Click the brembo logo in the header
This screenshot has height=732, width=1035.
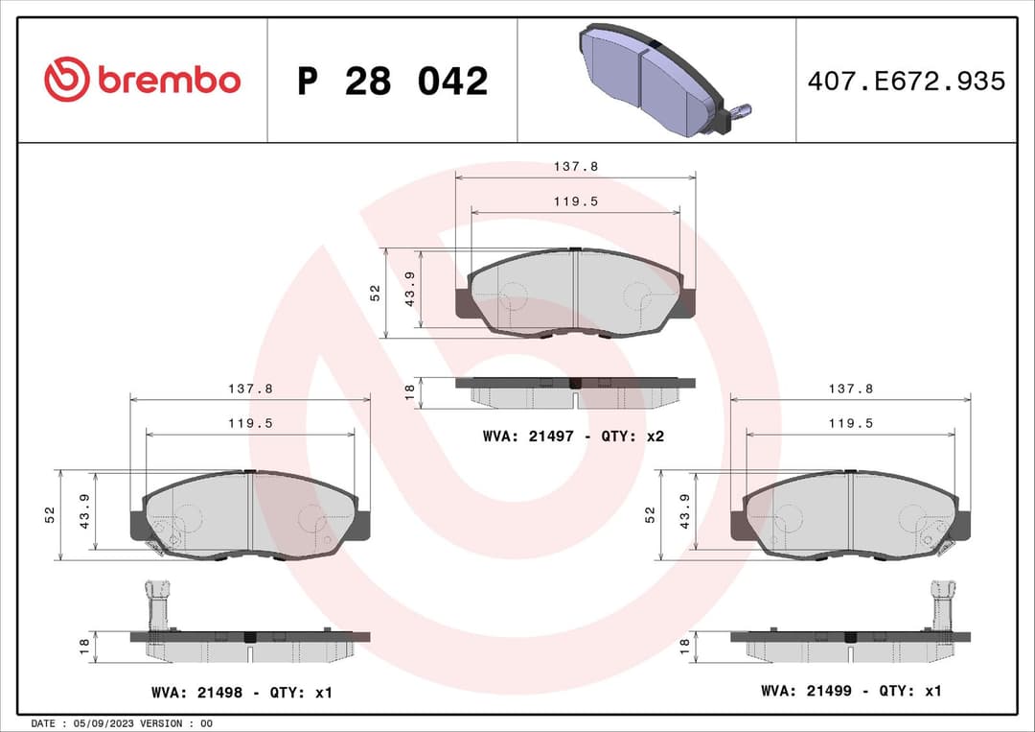142,81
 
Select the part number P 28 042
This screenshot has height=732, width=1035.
392,82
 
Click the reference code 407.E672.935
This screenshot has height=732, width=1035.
906,82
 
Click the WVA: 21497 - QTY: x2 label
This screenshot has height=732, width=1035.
573,436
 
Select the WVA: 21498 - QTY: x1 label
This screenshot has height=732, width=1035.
241,692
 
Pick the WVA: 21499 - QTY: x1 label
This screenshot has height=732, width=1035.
851,691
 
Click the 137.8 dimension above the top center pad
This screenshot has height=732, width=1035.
575,166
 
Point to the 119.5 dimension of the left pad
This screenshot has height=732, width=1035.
250,422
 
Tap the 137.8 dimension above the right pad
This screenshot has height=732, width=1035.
850,389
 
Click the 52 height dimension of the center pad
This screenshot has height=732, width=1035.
376,293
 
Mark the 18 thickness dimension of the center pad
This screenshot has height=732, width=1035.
409,391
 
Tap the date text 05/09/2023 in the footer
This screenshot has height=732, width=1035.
99,722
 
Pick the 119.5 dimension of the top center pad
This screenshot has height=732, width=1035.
576,201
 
